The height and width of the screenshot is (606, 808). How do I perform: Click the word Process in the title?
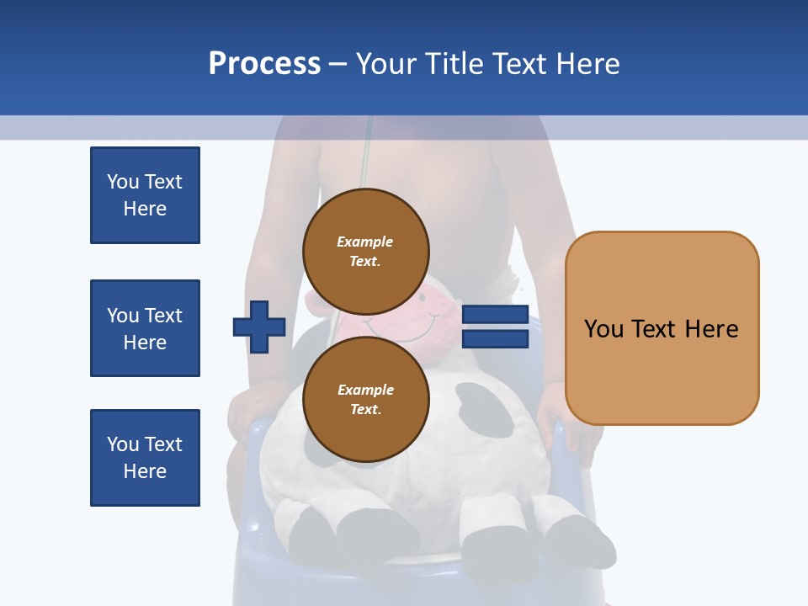(264, 64)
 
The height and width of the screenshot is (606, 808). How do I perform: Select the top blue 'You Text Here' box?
(145, 195)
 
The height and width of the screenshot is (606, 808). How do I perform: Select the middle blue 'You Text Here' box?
(145, 328)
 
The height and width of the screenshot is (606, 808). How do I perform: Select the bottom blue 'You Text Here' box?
(145, 457)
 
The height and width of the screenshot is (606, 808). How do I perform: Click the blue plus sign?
(259, 327)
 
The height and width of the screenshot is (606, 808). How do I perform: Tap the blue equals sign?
(495, 327)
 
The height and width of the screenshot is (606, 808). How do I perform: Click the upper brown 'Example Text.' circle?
(365, 251)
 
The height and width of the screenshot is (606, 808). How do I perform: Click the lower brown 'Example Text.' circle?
(365, 399)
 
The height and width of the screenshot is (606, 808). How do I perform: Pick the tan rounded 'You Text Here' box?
(662, 328)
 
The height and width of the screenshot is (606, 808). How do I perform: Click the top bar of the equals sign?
(495, 314)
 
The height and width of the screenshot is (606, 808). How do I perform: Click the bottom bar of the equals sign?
(495, 339)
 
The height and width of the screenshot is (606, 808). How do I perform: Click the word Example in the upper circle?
(365, 242)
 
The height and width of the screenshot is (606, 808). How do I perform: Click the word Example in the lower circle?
(365, 390)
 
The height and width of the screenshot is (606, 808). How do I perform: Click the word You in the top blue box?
(123, 182)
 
